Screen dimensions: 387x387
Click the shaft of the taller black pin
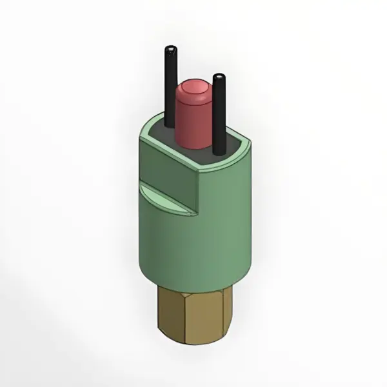170,84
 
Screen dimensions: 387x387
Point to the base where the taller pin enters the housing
170,127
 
